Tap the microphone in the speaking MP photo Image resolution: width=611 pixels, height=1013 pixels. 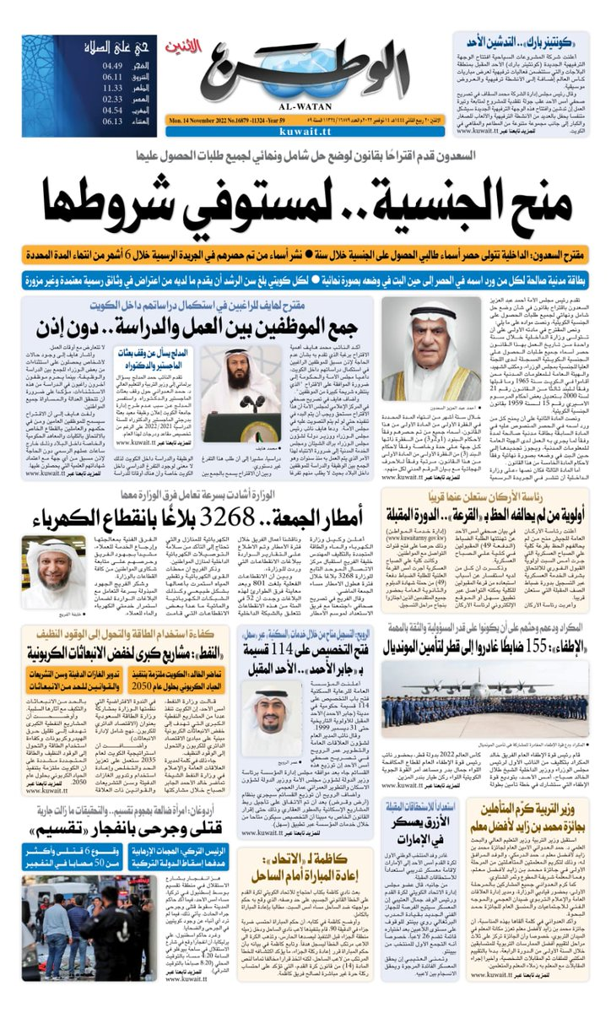(229, 396)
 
